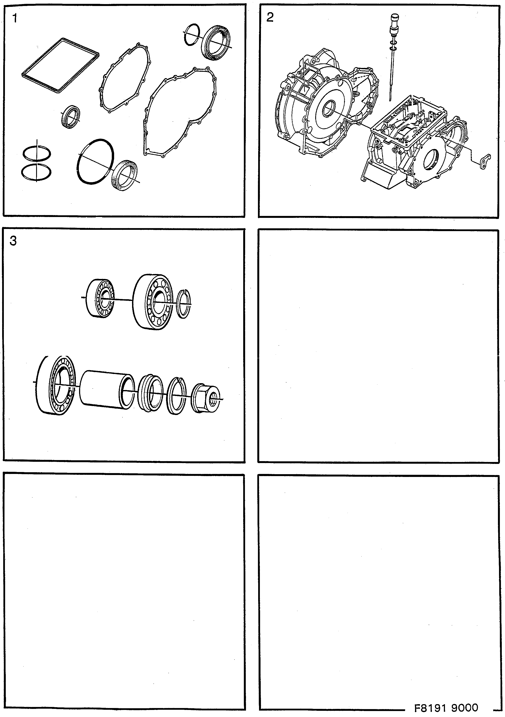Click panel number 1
point(14,19)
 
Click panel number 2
point(270,18)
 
